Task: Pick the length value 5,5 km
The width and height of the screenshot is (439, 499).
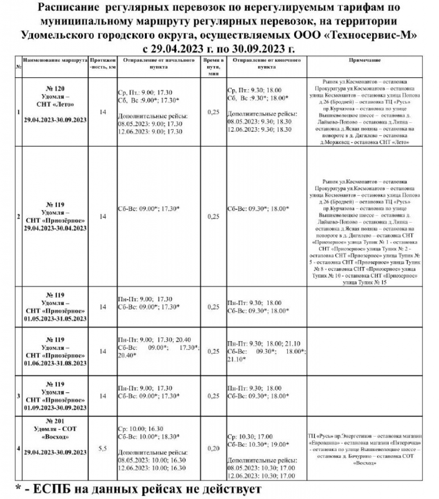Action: tap(102, 448)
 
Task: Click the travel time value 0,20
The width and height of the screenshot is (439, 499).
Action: tap(213, 448)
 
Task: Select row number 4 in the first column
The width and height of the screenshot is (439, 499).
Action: tap(18, 448)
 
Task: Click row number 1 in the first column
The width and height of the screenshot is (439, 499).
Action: tap(18, 112)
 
